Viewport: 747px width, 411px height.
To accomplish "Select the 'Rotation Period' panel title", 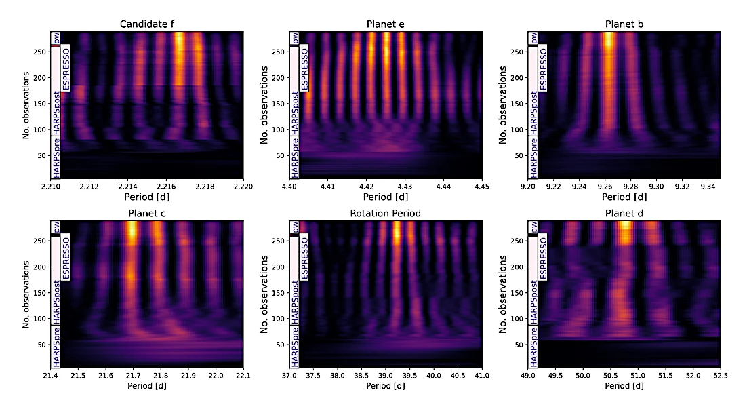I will pyautogui.click(x=386, y=214).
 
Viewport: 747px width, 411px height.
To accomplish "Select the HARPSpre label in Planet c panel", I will pyautogui.click(x=57, y=347).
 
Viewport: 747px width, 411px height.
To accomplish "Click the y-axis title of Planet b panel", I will pyautogui.click(x=503, y=104).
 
